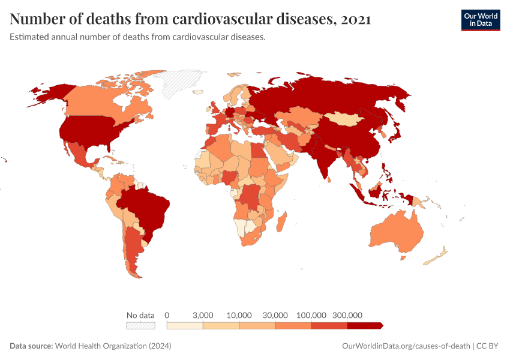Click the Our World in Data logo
480,20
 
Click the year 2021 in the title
355,19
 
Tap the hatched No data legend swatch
140,326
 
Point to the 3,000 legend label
203,315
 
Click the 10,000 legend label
239,315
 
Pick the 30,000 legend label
275,315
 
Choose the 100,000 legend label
311,315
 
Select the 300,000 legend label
347,315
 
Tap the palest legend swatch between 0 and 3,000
185,326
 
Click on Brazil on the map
147,207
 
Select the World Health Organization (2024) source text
113,346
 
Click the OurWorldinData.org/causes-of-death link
405,346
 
